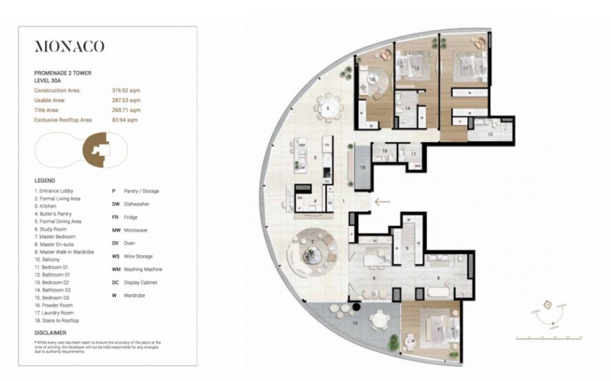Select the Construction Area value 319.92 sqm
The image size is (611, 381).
[x=126, y=90]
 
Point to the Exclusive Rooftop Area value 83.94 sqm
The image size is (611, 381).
[x=125, y=120]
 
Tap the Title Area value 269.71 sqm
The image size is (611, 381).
[x=126, y=110]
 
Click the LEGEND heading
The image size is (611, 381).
[x=45, y=180]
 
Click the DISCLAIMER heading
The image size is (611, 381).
[x=50, y=333]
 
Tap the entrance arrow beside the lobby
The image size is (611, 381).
[x=382, y=202]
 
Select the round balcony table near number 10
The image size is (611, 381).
[x=378, y=321]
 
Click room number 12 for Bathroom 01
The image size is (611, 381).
[x=489, y=134]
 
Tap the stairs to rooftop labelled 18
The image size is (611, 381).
[x=362, y=167]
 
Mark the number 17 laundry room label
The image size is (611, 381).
[x=413, y=154]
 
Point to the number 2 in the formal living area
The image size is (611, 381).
[x=312, y=241]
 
